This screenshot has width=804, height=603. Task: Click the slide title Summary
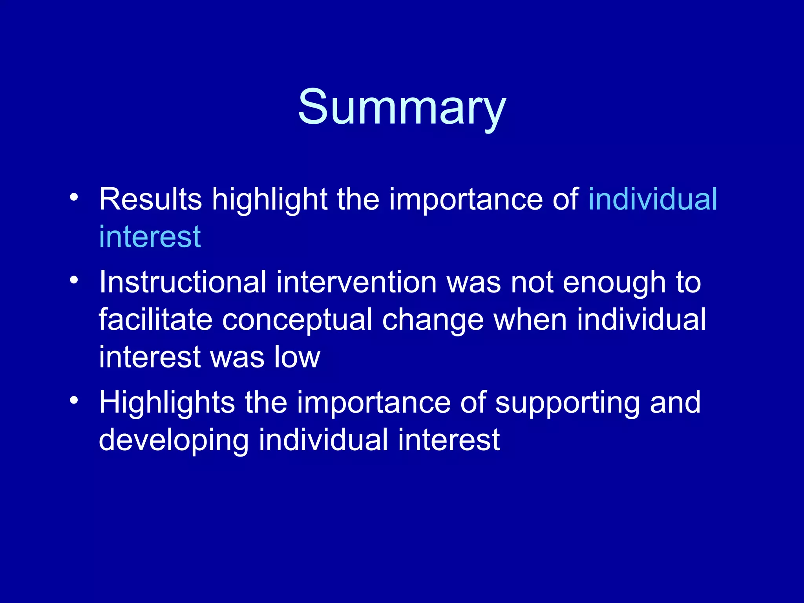[x=402, y=107]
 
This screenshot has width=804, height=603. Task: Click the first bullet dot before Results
[x=74, y=197]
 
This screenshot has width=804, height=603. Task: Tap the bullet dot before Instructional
[x=74, y=280]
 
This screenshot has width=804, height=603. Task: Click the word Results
[x=150, y=199]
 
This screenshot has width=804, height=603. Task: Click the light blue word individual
[x=652, y=199]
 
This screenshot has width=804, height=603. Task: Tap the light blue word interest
[x=150, y=237]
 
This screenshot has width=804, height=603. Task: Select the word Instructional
[x=183, y=282]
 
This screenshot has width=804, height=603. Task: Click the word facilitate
[x=155, y=320]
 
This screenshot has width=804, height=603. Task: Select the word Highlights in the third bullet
[x=167, y=403]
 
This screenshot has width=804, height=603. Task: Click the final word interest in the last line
[x=449, y=440]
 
